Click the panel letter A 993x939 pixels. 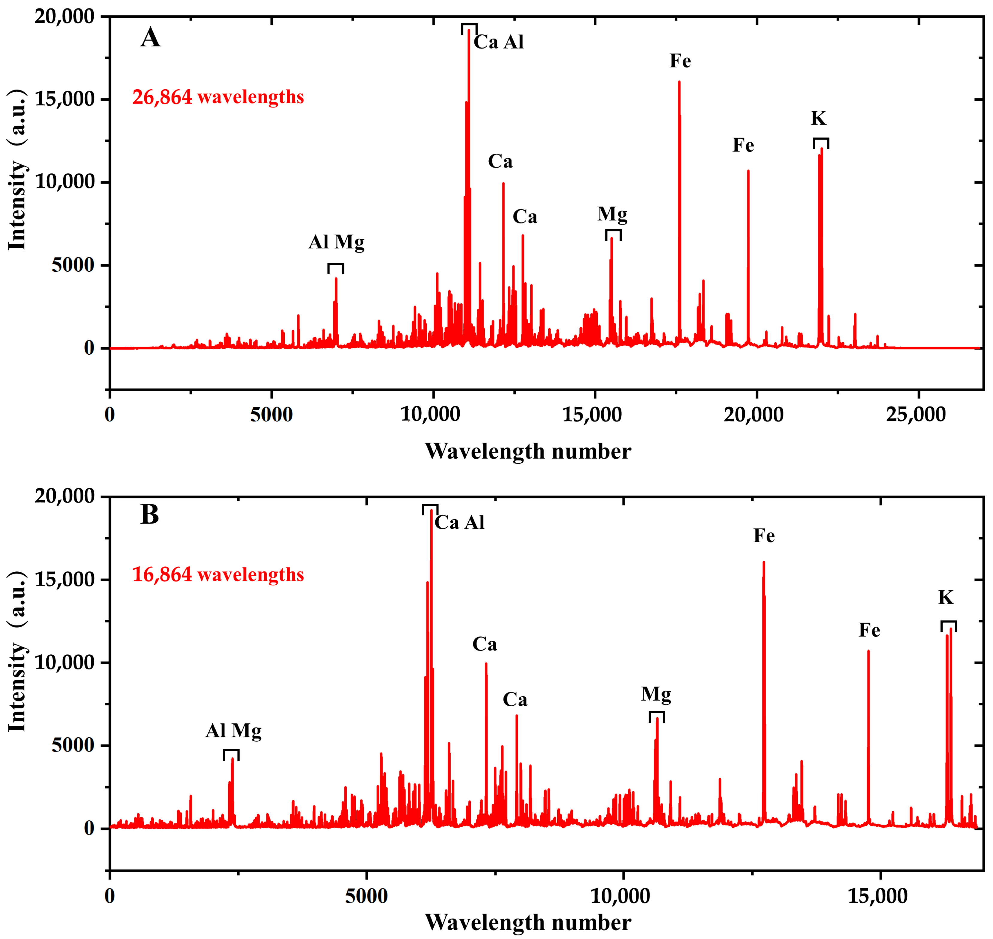click(150, 37)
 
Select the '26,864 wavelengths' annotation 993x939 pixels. click(218, 97)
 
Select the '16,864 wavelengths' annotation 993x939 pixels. click(218, 574)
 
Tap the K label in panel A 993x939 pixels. click(818, 118)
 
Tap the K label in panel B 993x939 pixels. click(945, 597)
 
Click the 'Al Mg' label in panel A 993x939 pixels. click(336, 242)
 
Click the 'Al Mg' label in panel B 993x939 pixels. click(233, 731)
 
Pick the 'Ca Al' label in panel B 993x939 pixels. click(459, 523)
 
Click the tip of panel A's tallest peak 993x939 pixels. click(469, 30)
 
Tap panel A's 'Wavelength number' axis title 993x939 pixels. click(528, 451)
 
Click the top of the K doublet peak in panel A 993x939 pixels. click(821, 149)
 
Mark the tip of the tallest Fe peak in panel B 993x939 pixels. click(764, 562)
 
